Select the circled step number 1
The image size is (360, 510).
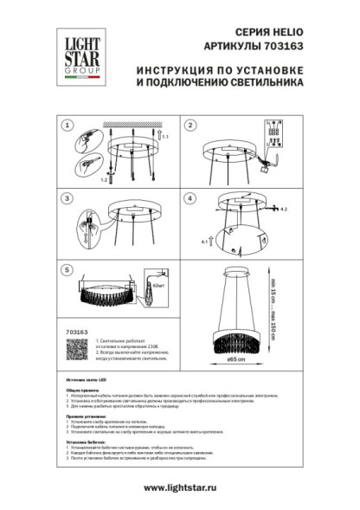(67, 126)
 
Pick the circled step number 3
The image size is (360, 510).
(67, 198)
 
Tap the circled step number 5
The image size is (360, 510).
(67, 271)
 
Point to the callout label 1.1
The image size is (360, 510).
(166, 137)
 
